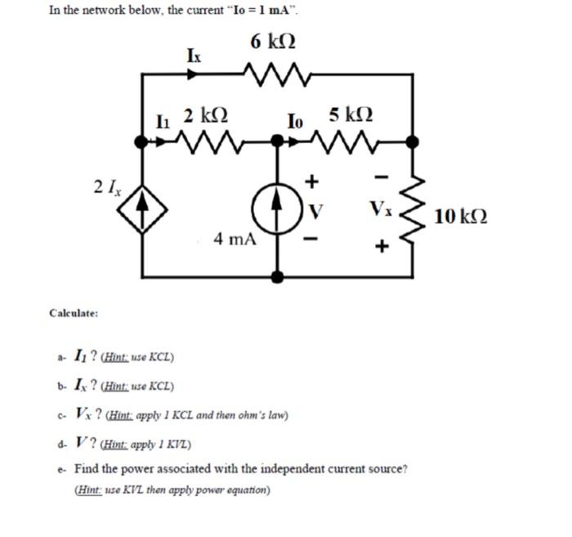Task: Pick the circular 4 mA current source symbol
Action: point(282,207)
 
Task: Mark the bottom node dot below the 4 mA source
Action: point(282,276)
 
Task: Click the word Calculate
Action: point(74,313)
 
